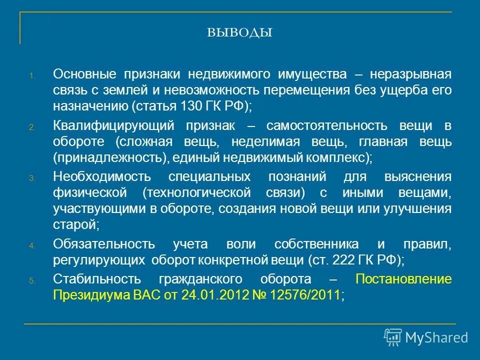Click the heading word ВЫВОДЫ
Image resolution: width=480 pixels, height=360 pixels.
[239, 33]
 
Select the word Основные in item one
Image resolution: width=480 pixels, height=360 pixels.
[81, 74]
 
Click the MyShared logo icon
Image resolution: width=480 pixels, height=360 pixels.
[392, 337]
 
